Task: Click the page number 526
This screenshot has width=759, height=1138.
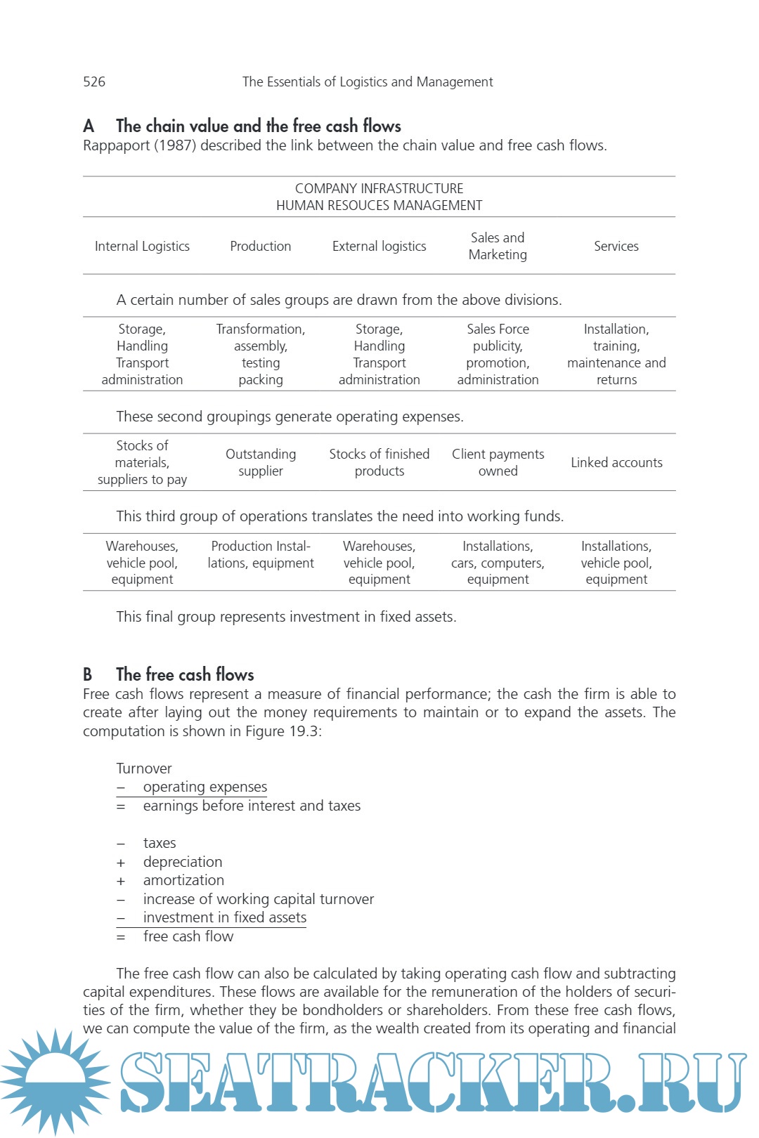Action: click(94, 81)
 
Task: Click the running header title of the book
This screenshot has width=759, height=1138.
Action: click(368, 81)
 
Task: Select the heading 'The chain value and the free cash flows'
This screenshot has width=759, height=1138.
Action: click(258, 126)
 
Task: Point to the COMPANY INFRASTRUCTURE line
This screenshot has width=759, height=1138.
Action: click(379, 188)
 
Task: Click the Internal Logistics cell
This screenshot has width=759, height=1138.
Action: click(142, 246)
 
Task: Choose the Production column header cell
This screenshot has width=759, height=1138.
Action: click(260, 246)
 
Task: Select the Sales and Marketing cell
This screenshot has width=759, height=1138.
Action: click(498, 246)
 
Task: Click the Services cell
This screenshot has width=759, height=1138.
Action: click(616, 246)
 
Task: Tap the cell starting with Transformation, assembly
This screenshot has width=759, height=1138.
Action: click(260, 354)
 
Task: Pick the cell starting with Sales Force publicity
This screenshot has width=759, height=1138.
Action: click(498, 354)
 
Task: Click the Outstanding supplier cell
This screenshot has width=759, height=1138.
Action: click(260, 462)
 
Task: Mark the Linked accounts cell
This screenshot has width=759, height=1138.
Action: click(616, 462)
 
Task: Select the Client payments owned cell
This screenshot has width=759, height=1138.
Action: click(498, 462)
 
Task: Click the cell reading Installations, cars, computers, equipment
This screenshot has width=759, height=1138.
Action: click(498, 562)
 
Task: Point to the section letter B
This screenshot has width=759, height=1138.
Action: click(88, 674)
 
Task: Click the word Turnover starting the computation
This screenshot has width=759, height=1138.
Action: click(144, 768)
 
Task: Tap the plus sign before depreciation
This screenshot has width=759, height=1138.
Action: click(121, 863)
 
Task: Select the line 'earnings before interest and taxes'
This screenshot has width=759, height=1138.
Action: click(252, 806)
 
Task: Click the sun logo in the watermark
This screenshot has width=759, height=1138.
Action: click(55, 1080)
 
